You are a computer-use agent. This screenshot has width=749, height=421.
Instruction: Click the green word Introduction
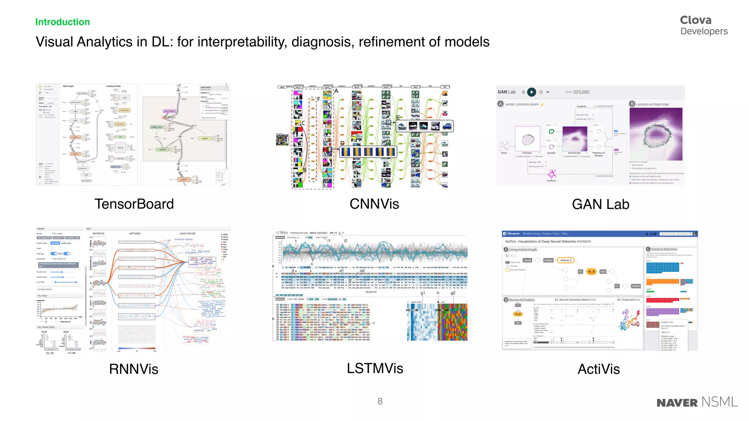point(63,22)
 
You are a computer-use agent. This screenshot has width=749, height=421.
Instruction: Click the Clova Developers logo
point(703,25)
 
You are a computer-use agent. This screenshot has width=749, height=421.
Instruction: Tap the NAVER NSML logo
point(697,402)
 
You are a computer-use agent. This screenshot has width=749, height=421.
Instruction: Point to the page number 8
point(380,401)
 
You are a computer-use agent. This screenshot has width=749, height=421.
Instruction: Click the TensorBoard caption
point(134,204)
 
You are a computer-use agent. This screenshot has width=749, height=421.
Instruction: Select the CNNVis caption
point(374,204)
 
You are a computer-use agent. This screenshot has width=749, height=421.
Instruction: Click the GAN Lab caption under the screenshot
point(601,204)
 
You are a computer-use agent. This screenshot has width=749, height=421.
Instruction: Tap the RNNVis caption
point(133,369)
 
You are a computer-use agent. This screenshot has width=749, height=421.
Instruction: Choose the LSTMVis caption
point(375,368)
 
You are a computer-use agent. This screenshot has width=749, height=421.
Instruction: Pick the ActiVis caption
point(599,369)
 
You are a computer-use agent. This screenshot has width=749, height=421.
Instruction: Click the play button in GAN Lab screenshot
point(532,92)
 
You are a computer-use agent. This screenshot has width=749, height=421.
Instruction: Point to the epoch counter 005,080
point(581,92)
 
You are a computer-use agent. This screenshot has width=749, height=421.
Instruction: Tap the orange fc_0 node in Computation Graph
point(591,272)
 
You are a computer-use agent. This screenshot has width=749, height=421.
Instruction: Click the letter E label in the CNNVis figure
point(398,117)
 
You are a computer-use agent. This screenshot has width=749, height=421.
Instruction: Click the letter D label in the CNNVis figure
point(342,143)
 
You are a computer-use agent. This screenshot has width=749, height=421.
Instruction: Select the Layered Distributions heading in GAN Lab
point(652,105)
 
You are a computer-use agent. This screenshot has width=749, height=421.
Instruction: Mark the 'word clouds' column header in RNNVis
point(187,233)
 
